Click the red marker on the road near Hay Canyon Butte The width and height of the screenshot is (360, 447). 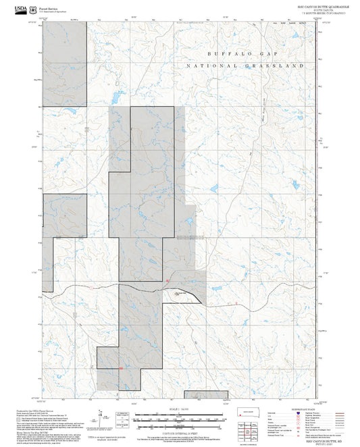tap(167, 280)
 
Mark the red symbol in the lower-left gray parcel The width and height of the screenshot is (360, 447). tap(120, 368)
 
